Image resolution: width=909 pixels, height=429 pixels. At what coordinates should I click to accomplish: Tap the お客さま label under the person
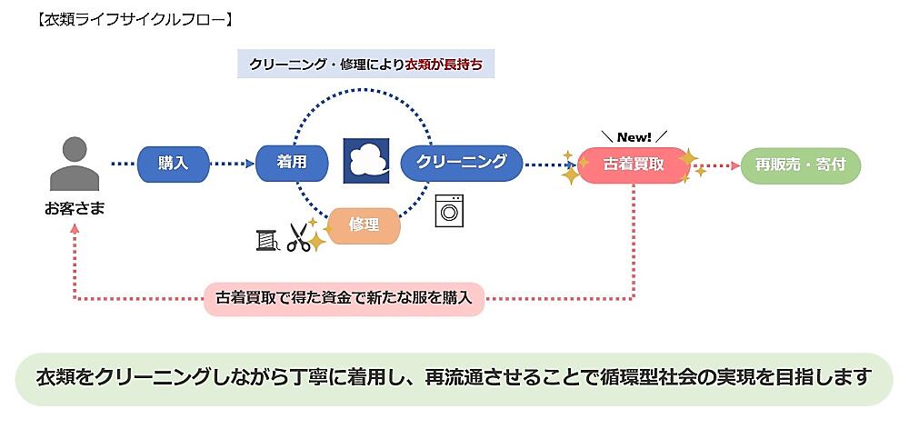coord(75,209)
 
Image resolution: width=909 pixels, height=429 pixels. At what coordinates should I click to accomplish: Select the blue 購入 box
coord(174,164)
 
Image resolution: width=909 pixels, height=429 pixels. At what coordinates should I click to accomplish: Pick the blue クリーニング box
coord(461,163)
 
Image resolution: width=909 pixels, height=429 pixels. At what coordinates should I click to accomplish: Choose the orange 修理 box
coord(363,224)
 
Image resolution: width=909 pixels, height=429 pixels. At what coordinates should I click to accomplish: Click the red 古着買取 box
coord(633,165)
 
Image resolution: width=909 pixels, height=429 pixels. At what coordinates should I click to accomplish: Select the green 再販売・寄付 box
coord(800,165)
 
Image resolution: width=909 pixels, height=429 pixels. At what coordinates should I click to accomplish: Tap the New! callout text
coord(634,136)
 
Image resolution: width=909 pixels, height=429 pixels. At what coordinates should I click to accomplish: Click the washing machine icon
coord(447,210)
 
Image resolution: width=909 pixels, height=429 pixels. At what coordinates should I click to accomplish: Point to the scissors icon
coord(298,236)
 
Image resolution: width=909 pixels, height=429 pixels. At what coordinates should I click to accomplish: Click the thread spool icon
coord(265,238)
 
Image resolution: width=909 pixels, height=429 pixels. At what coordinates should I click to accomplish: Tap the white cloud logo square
coord(366,162)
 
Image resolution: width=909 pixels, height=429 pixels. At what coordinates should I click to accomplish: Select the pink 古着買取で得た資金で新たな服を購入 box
coord(344,297)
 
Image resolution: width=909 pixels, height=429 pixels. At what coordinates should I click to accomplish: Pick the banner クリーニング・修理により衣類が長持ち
coord(365,65)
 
